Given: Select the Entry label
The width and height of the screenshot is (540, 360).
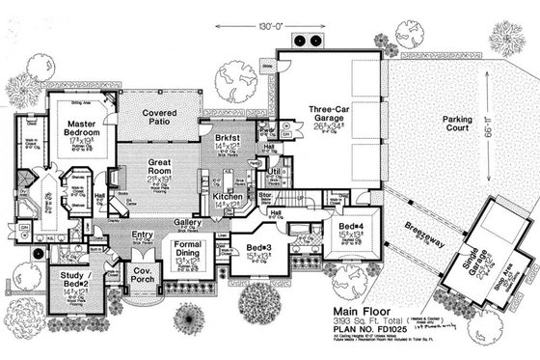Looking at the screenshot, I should [x=144, y=235].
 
